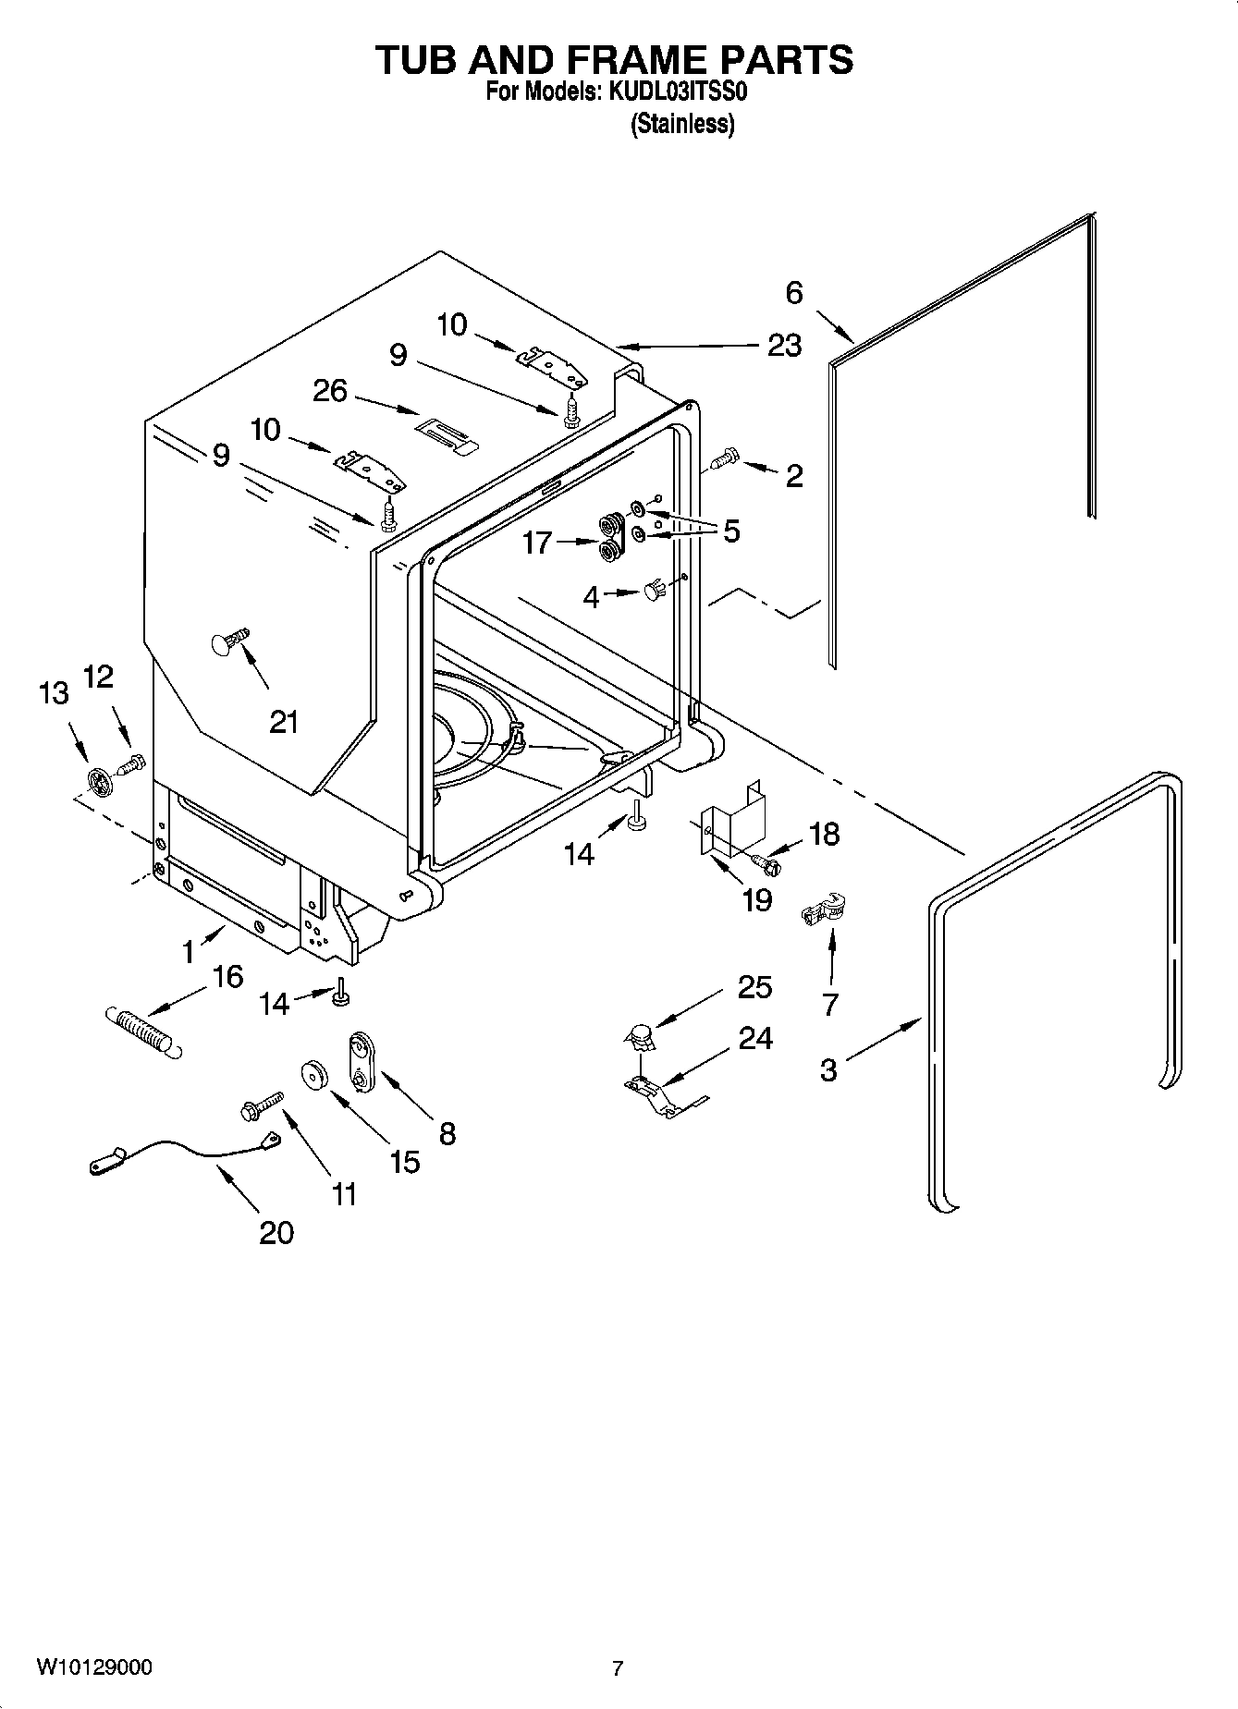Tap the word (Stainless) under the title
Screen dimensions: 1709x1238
coord(682,124)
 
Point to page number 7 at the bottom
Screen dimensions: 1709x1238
coord(618,1668)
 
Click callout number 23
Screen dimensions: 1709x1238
coord(784,346)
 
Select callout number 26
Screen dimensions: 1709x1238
coord(329,391)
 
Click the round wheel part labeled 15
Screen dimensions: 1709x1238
coord(315,1076)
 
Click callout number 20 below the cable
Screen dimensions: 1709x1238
coord(276,1232)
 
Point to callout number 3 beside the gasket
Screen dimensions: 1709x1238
coord(827,1070)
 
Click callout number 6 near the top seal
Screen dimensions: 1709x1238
coord(794,293)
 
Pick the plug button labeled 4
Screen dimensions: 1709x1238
coord(654,591)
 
